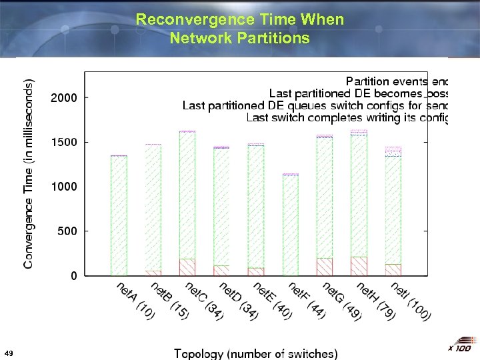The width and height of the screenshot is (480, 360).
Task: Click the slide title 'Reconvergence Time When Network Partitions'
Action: coord(240,29)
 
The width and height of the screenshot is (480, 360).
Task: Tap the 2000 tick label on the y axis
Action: coord(64,97)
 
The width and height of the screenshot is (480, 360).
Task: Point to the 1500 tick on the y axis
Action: coord(64,142)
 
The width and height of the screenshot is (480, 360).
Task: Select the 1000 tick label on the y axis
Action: coord(64,187)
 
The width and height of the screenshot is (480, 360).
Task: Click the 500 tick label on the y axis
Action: coord(67,231)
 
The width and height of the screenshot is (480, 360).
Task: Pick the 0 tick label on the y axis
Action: coord(73,275)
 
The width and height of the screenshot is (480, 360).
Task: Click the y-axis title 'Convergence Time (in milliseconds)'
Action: coord(28,174)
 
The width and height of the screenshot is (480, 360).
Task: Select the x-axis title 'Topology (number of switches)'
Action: coord(255,353)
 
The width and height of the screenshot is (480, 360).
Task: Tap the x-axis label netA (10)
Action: coord(135,301)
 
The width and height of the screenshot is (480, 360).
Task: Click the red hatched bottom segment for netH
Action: coord(359,266)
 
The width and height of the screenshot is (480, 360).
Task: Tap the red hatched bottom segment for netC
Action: coord(187,267)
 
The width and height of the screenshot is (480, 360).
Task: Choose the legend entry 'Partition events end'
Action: coord(397,81)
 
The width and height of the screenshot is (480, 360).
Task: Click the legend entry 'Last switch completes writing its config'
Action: coord(347,118)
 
